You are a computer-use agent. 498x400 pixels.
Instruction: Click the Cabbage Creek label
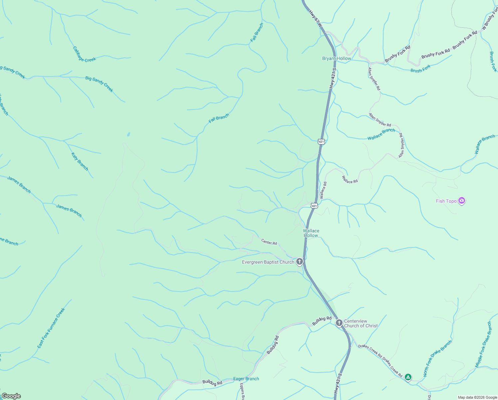click(84, 54)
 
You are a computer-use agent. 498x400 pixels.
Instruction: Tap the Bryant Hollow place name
click(337, 59)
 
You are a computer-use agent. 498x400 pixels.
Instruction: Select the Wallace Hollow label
click(311, 233)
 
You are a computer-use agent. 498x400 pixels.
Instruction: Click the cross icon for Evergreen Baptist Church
click(300, 262)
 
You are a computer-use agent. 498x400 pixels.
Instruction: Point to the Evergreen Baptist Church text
click(268, 262)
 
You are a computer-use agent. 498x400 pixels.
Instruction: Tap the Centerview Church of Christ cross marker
click(339, 323)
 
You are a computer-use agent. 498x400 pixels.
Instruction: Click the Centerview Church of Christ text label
click(361, 324)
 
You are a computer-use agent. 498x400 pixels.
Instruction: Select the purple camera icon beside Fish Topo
click(461, 201)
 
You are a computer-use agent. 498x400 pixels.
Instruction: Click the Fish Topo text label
click(446, 201)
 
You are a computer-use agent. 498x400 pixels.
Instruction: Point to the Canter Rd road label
click(269, 242)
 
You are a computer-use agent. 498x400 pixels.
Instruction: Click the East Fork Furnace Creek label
click(51, 328)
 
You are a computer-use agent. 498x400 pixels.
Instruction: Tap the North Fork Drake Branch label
click(437, 358)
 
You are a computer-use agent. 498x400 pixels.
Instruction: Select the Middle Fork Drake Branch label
click(483, 345)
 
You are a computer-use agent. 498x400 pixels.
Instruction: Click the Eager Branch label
click(246, 379)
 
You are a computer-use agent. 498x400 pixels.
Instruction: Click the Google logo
click(11, 396)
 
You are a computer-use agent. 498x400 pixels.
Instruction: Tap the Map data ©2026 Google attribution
click(477, 397)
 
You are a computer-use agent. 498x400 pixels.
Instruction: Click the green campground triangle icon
click(408, 377)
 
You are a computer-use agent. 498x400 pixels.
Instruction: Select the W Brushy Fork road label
click(490, 18)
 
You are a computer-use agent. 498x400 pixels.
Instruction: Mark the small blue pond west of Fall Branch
click(128, 135)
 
